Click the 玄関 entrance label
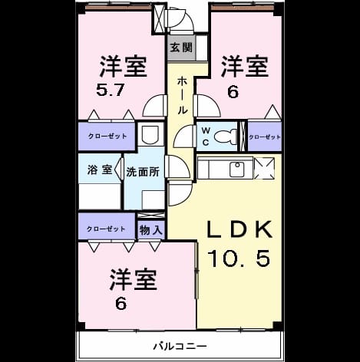click(181, 48)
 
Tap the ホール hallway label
click(182, 95)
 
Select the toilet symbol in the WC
click(225, 136)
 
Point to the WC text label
click(206, 137)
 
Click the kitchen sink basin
click(236, 169)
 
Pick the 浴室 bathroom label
click(100, 169)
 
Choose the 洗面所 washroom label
click(143, 172)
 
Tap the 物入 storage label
click(151, 230)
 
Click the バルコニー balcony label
click(180, 347)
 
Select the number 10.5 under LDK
click(239, 258)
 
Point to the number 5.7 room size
click(111, 90)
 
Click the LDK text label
click(239, 229)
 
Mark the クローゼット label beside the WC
click(265, 137)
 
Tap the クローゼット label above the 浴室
click(107, 136)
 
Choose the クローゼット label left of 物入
click(106, 229)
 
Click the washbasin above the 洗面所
click(150, 134)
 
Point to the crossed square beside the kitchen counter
click(264, 168)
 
